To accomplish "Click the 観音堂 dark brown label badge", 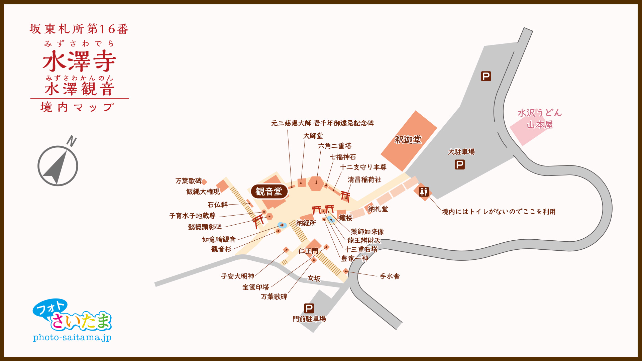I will [269, 192].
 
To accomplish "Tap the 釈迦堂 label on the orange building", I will [408, 140].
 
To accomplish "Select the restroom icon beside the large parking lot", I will [424, 192].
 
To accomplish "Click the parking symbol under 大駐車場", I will [460, 165].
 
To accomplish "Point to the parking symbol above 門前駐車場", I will [309, 308].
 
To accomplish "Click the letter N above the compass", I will [72, 141].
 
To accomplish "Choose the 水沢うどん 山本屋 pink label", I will [539, 119].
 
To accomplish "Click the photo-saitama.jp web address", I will [72, 338].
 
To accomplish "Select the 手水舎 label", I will [390, 276].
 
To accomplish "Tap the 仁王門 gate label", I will [308, 251].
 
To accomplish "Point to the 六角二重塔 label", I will [334, 146].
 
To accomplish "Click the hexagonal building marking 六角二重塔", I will [316, 183].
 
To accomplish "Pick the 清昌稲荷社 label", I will [364, 179].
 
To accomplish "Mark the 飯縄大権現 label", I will [203, 192].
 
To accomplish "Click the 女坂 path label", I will [314, 278].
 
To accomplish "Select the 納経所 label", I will [306, 223].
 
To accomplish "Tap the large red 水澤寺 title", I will [79, 61].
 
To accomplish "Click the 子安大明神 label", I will [237, 276].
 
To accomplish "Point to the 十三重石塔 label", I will [361, 249].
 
